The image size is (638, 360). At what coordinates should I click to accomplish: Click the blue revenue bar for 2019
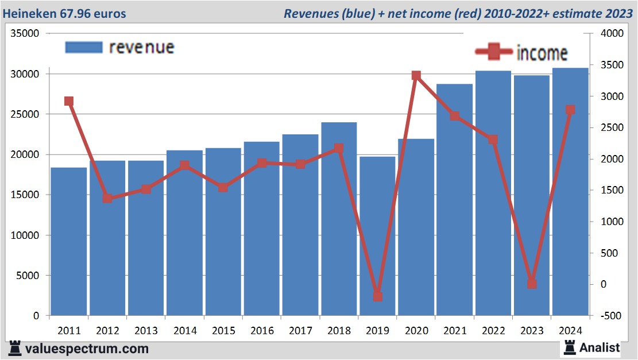click(x=377, y=235)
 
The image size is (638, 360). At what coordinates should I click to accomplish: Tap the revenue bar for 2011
click(x=69, y=241)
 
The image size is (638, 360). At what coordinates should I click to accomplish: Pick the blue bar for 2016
click(x=261, y=230)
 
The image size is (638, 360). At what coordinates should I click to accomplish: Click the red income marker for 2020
click(x=416, y=76)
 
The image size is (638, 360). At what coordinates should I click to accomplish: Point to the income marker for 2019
click(x=377, y=297)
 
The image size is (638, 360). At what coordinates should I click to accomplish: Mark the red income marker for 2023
click(x=532, y=284)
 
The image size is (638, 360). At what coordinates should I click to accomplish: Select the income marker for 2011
click(x=69, y=102)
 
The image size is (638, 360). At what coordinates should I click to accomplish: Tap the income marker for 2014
click(x=184, y=166)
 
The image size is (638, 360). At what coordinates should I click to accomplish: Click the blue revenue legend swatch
click(x=84, y=47)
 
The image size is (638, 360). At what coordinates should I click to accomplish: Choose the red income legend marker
click(x=493, y=52)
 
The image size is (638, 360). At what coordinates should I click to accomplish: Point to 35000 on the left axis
click(x=25, y=34)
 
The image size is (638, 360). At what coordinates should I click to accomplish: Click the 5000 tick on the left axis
click(x=28, y=276)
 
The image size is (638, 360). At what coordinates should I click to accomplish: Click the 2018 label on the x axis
click(x=339, y=331)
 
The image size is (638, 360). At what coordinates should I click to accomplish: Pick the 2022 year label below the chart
click(x=493, y=331)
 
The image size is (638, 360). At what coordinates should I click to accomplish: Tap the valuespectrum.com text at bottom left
click(x=87, y=349)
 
